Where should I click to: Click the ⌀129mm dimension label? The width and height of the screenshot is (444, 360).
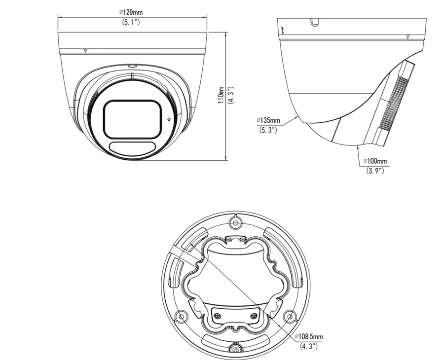point(131,12)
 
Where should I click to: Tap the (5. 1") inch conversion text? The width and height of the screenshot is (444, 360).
point(131,22)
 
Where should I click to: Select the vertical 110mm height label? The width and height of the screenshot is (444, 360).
point(221,95)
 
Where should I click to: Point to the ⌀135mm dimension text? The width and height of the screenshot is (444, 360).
point(268,120)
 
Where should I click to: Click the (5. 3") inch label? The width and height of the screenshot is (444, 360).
point(268,130)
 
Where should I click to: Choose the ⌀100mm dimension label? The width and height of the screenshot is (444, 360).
point(375,161)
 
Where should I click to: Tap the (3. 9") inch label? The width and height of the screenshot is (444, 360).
point(375,171)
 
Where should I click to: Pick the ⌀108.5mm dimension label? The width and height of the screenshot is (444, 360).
point(309,336)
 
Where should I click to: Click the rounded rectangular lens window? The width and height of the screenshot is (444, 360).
point(132,119)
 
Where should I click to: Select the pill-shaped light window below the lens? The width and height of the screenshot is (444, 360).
point(132,148)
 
